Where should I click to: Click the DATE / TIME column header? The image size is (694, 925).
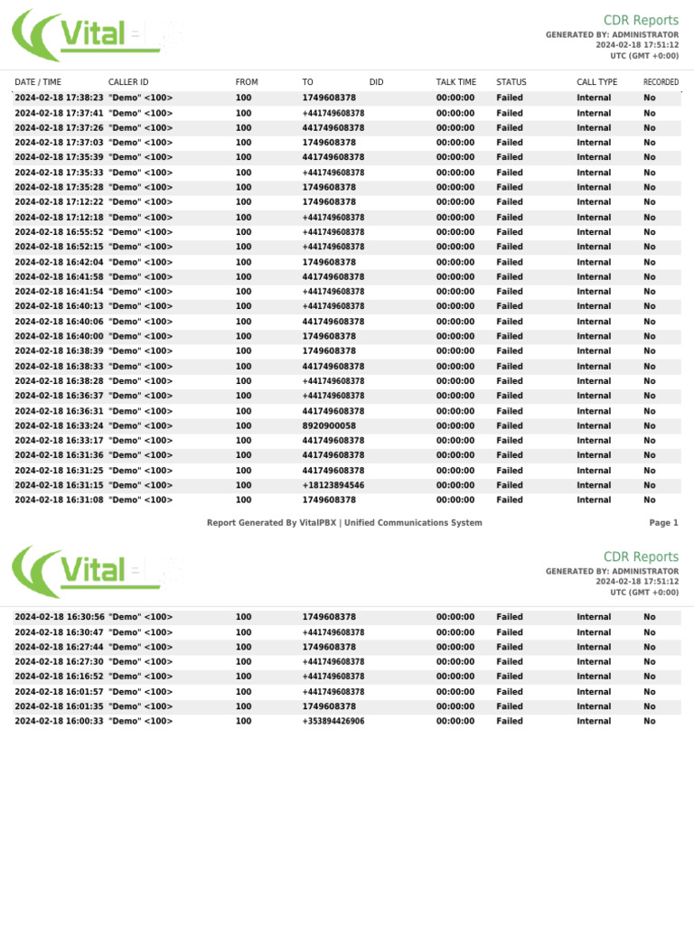coord(38,82)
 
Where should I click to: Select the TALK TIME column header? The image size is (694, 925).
coord(455,82)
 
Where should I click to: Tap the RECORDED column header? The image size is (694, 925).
coord(661,82)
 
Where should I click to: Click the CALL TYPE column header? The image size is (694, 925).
coord(596,82)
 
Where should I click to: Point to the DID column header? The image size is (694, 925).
coord(377,82)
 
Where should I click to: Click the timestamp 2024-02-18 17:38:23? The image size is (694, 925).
coord(59,98)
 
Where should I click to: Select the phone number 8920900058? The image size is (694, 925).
coord(329,425)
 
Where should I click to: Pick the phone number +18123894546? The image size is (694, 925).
coord(333,485)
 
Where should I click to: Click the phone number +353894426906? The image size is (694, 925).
coord(333,721)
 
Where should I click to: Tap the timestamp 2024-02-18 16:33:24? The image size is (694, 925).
coord(59,425)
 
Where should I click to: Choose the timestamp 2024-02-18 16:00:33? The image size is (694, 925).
coord(59,721)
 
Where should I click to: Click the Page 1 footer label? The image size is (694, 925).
coord(663,523)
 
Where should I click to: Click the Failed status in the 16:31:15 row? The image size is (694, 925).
coord(510,485)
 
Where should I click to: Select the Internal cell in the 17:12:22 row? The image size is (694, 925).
coord(594,202)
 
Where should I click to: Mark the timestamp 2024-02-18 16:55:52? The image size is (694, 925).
coord(59,232)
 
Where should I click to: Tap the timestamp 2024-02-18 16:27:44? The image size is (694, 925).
coord(59,647)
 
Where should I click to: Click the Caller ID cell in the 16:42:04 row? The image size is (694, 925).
coord(140,262)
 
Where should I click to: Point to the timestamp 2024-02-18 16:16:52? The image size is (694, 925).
coord(59,676)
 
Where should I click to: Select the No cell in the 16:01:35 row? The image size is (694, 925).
coord(650,706)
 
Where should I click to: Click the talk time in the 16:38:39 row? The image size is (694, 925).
coord(455,351)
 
